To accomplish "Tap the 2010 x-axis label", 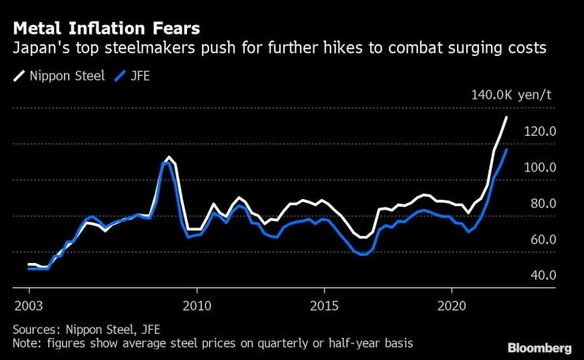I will point(196,305).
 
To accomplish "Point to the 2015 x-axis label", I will point(324,305).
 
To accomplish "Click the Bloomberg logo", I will point(540,347).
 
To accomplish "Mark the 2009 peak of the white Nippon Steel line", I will point(168,157).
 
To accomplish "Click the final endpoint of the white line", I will point(506,118).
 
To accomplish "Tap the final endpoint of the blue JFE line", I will point(506,149).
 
